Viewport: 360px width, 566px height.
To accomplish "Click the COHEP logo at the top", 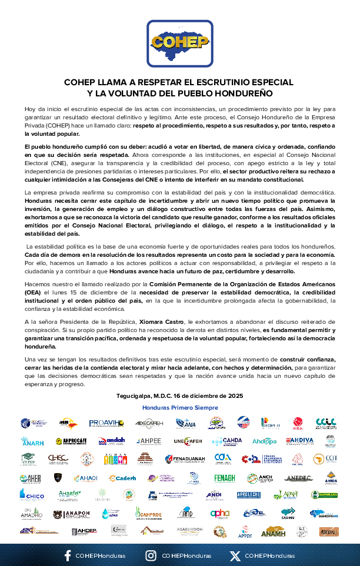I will pyautogui.click(x=179, y=42).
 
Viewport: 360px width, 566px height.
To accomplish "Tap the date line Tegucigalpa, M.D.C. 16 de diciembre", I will pyautogui.click(x=179, y=396).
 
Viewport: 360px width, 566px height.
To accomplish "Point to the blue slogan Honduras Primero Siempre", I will pyautogui.click(x=179, y=407).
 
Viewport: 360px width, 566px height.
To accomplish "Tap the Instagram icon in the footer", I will pyautogui.click(x=151, y=555).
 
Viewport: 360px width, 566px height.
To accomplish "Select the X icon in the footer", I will pyautogui.click(x=235, y=555).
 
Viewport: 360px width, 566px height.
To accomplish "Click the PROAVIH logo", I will pyautogui.click(x=105, y=423).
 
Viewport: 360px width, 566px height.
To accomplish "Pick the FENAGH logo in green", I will pyautogui.click(x=225, y=478).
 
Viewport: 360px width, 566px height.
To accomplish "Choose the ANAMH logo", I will pyautogui.click(x=273, y=531).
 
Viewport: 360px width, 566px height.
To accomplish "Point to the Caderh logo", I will pyautogui.click(x=122, y=478).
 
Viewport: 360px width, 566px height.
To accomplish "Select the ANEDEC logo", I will pyautogui.click(x=298, y=478).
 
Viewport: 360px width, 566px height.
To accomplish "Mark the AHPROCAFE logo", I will pyautogui.click(x=71, y=441).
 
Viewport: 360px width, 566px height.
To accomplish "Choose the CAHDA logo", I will pyautogui.click(x=227, y=441).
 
